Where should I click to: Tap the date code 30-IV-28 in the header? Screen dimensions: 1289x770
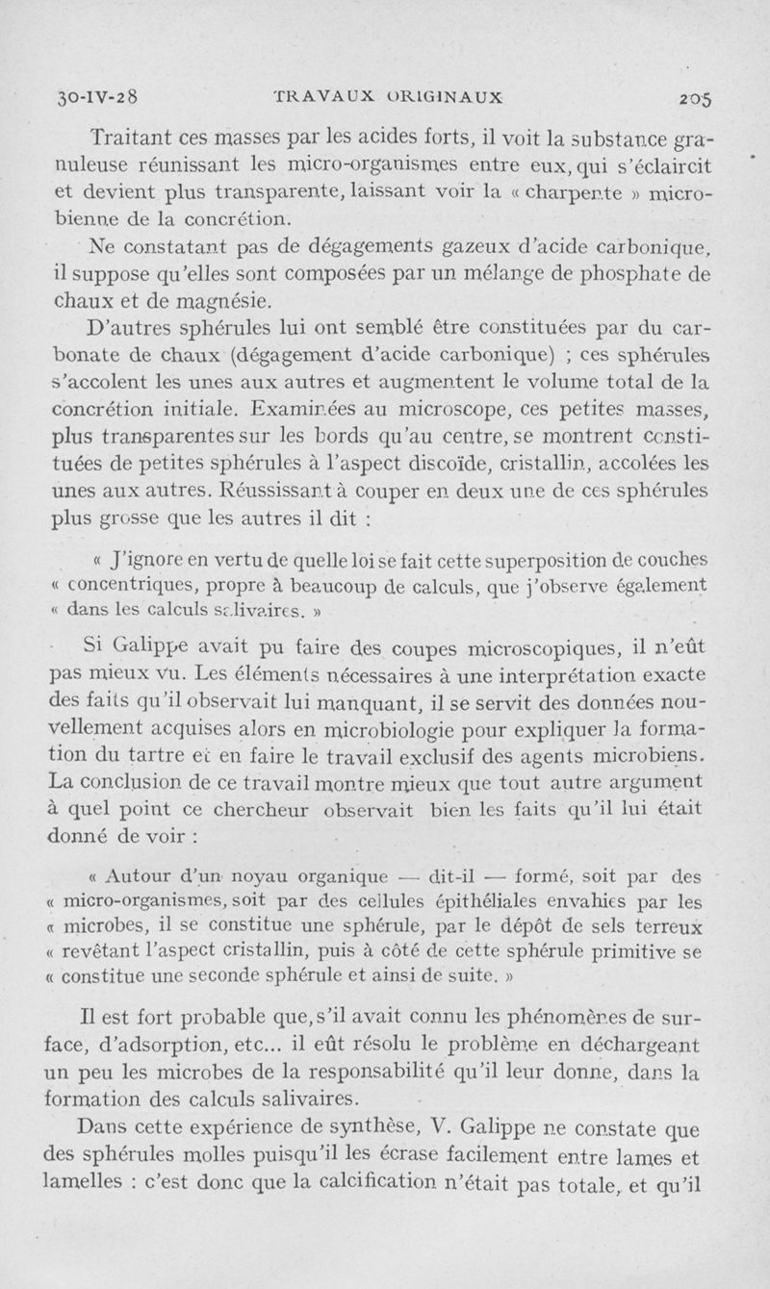pyautogui.click(x=95, y=96)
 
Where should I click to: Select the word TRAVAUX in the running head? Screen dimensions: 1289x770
pyautogui.click(x=321, y=96)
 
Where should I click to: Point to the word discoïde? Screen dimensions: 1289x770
pyautogui.click(x=435, y=464)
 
